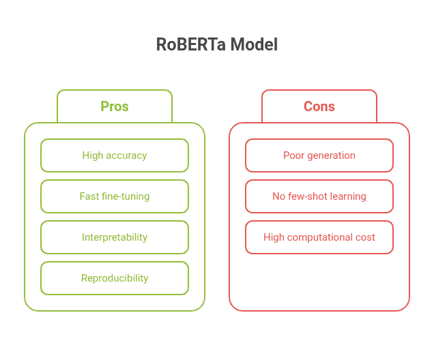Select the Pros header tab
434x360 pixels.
[x=115, y=106]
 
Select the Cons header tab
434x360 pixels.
[x=319, y=106]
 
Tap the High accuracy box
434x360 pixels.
[x=115, y=155]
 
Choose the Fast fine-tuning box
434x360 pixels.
[x=115, y=196]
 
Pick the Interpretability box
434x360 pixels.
[x=115, y=237]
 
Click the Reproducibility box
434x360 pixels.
[x=115, y=278]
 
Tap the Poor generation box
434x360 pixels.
[x=319, y=155]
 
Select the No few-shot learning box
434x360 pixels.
[x=319, y=196]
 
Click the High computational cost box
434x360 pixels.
[x=319, y=237]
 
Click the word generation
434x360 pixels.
[x=331, y=155]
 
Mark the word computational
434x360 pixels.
[x=323, y=238]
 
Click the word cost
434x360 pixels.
[x=364, y=237]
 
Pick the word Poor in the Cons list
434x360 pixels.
[x=293, y=155]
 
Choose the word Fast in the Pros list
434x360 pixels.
[x=89, y=196]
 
